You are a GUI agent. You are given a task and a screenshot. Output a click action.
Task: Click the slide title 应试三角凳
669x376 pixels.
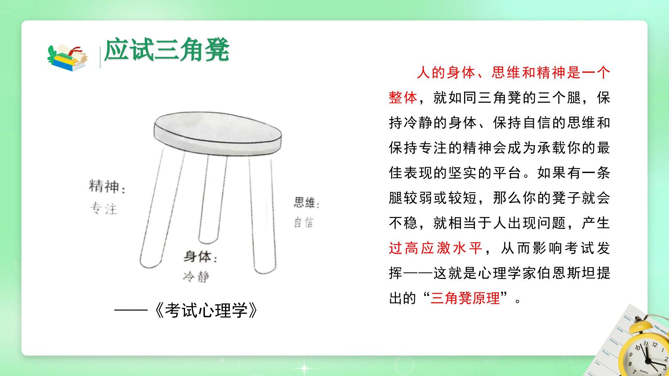coord(167,50)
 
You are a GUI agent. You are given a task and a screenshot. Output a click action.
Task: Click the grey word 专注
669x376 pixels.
coord(103,209)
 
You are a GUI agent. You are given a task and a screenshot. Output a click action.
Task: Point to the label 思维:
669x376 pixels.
coord(306,203)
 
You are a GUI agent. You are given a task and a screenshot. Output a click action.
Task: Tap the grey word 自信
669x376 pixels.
coord(303,222)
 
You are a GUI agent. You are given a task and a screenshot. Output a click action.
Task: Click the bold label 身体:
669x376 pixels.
coord(201,257)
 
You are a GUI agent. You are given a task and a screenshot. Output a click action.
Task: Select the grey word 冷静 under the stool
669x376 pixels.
coord(196,277)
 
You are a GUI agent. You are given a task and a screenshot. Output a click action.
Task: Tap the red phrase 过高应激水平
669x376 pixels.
coord(436,248)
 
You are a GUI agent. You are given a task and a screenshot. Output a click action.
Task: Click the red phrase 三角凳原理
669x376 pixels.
coord(465,298)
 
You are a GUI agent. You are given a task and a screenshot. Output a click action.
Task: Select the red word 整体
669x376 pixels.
coord(403,98)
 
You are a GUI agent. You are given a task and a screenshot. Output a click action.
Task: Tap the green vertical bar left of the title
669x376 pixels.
coord(100,57)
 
